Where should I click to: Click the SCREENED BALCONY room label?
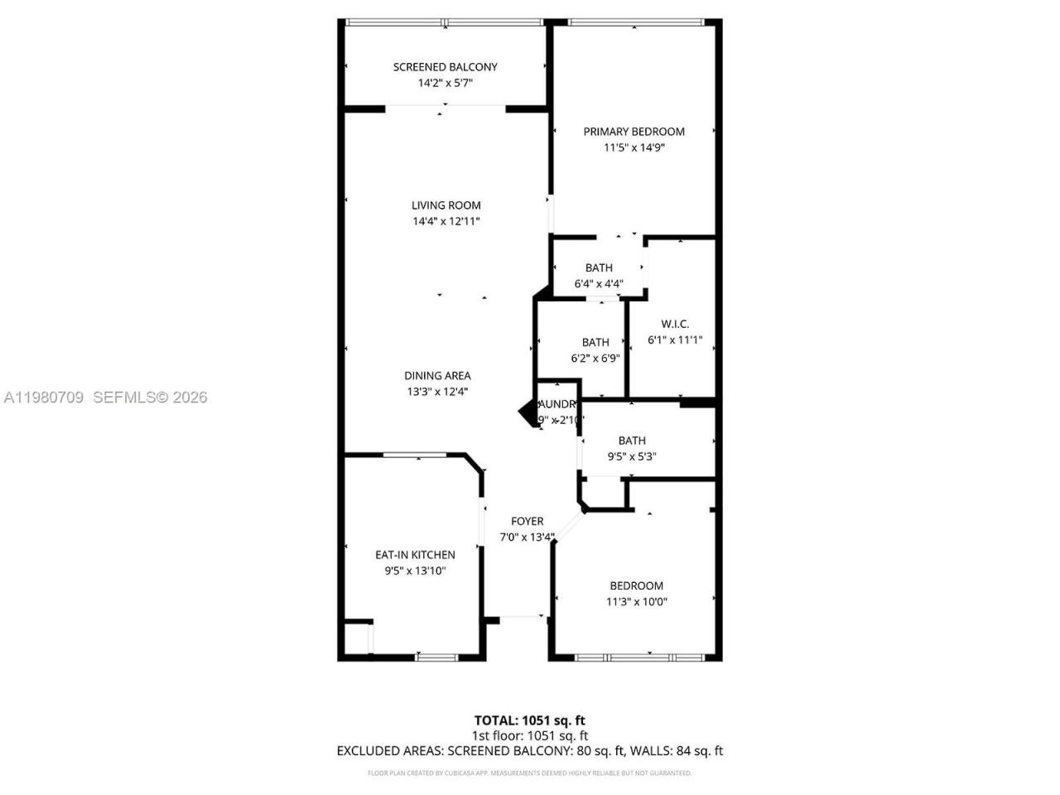pyautogui.click(x=446, y=67)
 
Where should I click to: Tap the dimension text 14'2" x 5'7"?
pyautogui.click(x=446, y=83)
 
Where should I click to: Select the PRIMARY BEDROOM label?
pyautogui.click(x=634, y=132)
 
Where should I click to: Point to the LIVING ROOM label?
pyautogui.click(x=446, y=205)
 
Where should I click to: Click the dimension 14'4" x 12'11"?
pyautogui.click(x=446, y=221)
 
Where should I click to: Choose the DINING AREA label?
pyautogui.click(x=437, y=376)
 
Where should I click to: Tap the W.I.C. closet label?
pyautogui.click(x=675, y=324)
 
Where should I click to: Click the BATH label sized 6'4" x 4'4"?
pyautogui.click(x=599, y=267)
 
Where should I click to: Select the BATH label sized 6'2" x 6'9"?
pyautogui.click(x=595, y=342)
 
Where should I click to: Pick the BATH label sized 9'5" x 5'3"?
pyautogui.click(x=632, y=441)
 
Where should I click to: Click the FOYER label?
pyautogui.click(x=527, y=521)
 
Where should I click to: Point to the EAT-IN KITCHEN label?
pyautogui.click(x=415, y=555)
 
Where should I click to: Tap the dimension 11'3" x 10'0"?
pyautogui.click(x=636, y=602)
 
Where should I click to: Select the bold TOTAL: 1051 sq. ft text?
pyautogui.click(x=529, y=720)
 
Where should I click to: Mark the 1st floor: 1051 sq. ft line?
pyautogui.click(x=529, y=735)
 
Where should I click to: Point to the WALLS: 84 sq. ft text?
pyautogui.click(x=676, y=751)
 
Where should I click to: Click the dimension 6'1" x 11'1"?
pyautogui.click(x=675, y=340)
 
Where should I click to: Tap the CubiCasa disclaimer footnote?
pyautogui.click(x=529, y=773)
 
